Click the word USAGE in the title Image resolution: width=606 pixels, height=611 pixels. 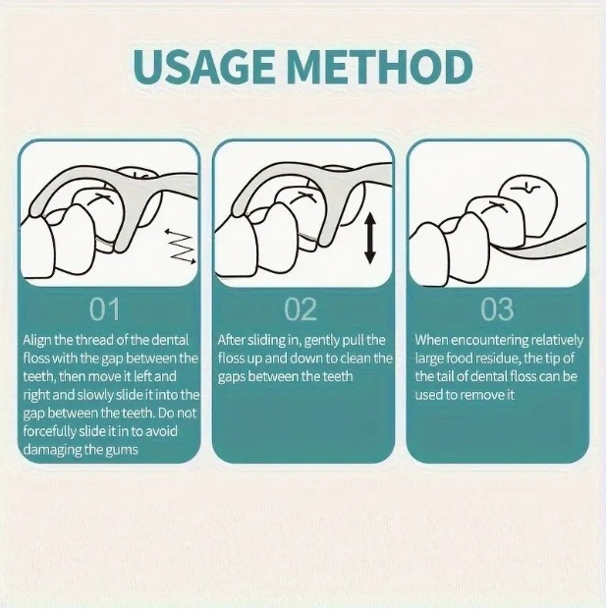203,67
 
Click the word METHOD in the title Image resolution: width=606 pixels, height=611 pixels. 380,67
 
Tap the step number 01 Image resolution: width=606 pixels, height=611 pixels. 104,309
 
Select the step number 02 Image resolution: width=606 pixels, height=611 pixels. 301,309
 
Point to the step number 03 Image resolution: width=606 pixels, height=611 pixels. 497,309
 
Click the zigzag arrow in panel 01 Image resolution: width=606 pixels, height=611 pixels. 180,247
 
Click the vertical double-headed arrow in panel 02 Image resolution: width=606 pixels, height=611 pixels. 370,240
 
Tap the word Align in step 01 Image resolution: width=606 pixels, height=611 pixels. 37,341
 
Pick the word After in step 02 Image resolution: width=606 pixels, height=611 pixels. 231,340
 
